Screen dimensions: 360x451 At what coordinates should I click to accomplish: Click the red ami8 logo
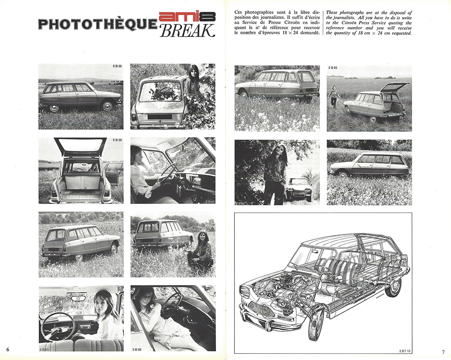tap(187, 18)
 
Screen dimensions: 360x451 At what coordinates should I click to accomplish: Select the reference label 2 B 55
tap(118, 67)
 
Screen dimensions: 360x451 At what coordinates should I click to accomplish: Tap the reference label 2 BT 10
tap(405, 350)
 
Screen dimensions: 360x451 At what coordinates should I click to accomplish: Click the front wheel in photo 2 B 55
tap(107, 106)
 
